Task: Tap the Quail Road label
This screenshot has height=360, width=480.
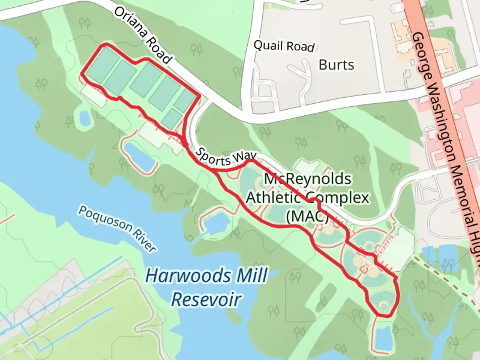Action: pos(284,46)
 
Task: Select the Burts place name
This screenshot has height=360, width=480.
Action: pos(336,65)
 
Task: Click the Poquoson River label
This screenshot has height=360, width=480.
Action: pos(117,228)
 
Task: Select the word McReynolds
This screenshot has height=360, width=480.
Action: pos(307,179)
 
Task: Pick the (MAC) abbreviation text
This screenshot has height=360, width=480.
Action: pos(307,216)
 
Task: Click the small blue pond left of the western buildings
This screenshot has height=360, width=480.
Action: pos(84,118)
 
